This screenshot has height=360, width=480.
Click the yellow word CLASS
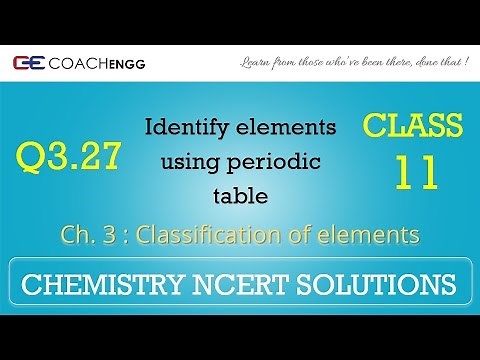click(413, 127)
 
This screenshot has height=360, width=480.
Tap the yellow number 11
click(415, 172)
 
